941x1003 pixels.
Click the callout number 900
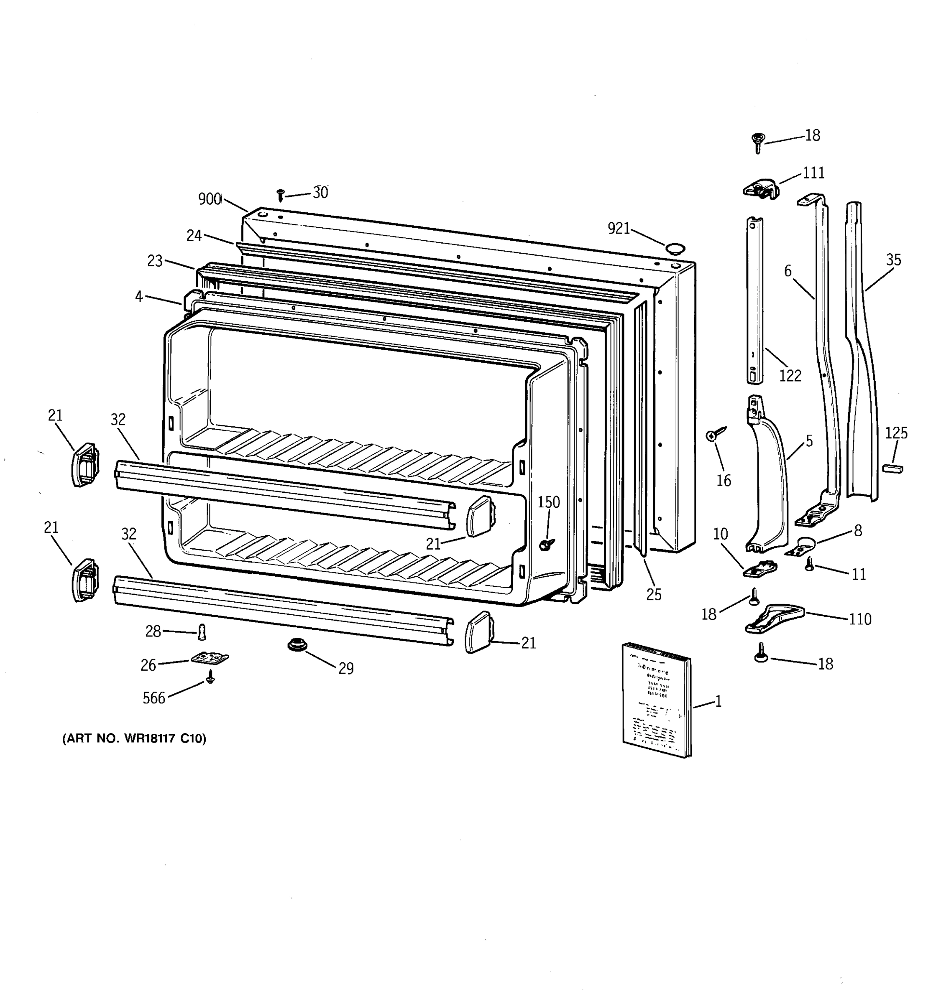point(210,199)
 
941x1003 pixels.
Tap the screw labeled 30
point(281,195)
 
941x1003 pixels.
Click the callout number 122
point(790,375)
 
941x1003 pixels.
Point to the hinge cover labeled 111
point(761,188)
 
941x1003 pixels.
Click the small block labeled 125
point(892,469)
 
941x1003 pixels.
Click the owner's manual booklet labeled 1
point(656,700)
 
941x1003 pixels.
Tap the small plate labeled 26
point(210,658)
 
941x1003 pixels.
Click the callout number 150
point(548,502)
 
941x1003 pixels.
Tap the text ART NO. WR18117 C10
point(134,738)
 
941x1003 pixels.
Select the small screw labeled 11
point(809,564)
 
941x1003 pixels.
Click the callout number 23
point(155,261)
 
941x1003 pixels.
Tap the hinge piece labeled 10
point(759,570)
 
